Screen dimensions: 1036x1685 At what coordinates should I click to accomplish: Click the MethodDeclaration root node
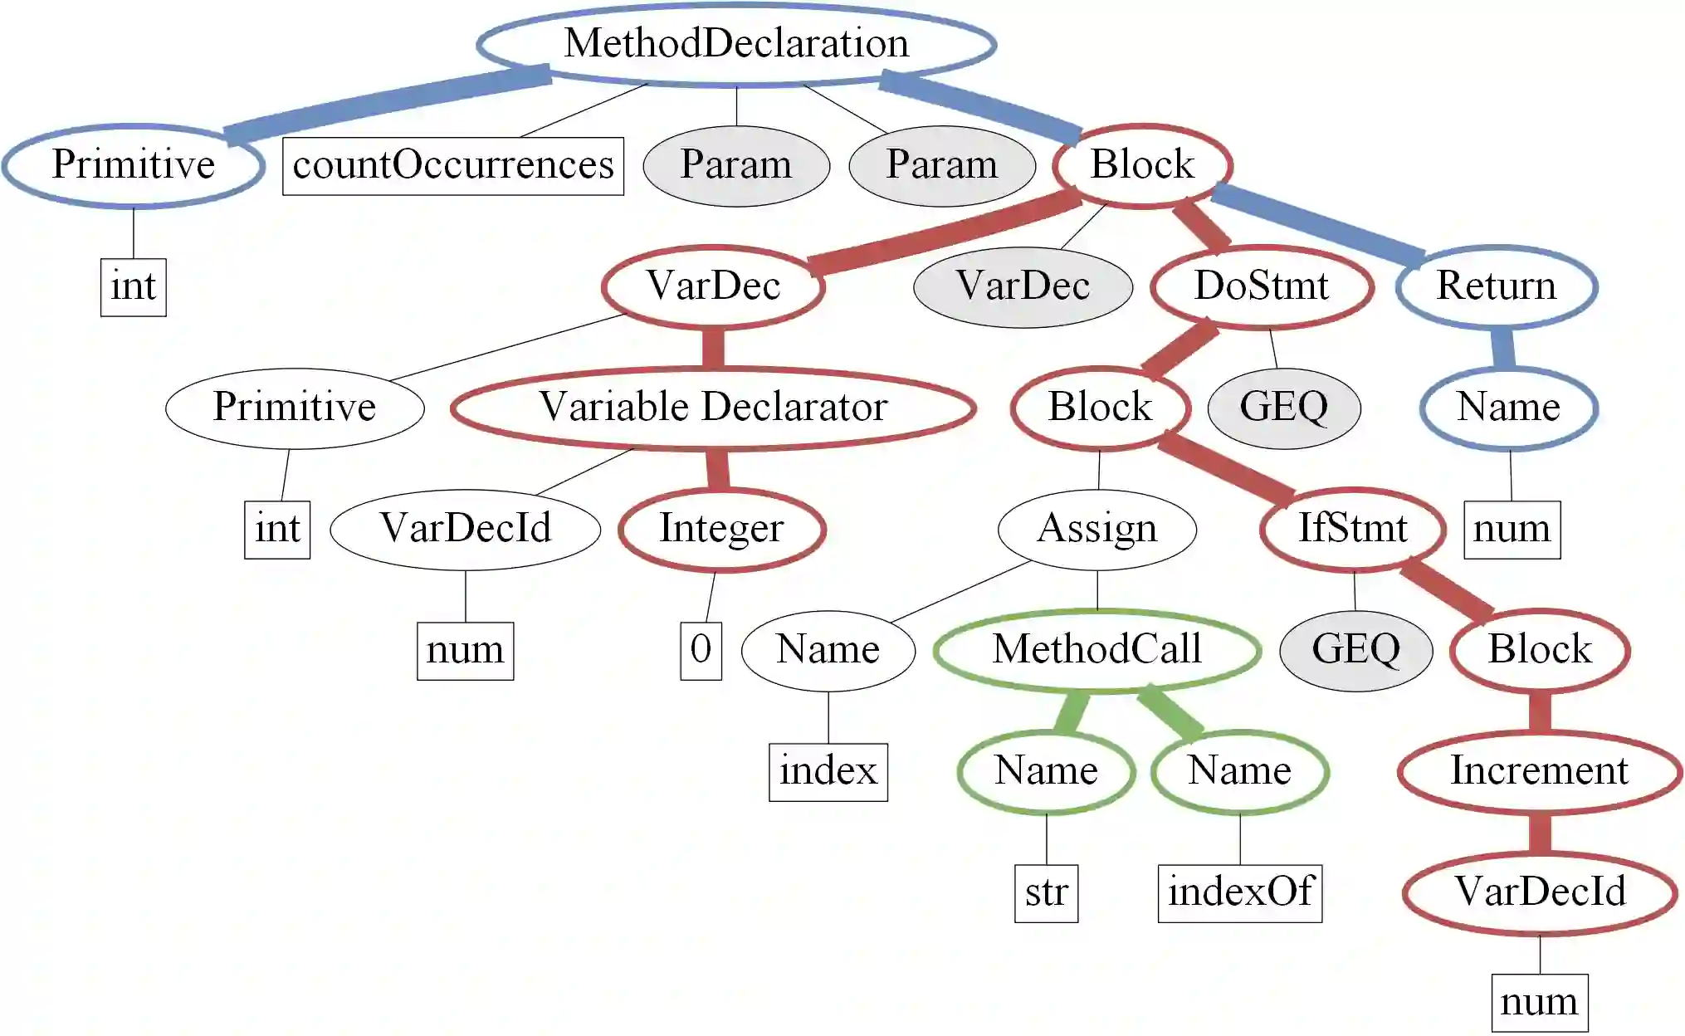coord(736,43)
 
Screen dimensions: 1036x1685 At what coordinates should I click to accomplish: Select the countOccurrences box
coord(452,165)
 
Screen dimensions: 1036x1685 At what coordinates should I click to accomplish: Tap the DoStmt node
coord(1261,286)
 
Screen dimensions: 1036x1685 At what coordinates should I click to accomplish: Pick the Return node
coord(1496,286)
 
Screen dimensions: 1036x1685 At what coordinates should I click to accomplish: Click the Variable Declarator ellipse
coord(713,408)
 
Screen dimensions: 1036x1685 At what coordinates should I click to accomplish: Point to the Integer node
coord(721,529)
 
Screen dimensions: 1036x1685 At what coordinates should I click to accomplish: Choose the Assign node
coord(1096,529)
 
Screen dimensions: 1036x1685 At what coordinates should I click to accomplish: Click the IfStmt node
coord(1352,529)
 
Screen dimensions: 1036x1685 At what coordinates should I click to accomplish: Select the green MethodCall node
coord(1096,650)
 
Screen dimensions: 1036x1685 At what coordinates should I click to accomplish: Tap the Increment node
coord(1539,771)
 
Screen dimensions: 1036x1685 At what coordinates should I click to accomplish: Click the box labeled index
coord(828,772)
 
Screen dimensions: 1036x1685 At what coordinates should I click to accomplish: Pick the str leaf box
coord(1046,893)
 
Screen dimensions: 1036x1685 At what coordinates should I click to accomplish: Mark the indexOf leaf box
coord(1239,893)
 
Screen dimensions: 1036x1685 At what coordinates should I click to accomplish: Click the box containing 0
coord(701,651)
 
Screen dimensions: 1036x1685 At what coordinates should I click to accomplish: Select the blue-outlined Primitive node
coord(133,165)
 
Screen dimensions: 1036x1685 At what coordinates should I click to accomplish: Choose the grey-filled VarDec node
coord(1023,286)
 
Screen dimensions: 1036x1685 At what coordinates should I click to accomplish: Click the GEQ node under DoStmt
coord(1283,408)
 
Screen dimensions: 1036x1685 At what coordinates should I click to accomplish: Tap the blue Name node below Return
coord(1508,408)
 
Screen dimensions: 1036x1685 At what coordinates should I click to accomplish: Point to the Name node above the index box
coord(828,650)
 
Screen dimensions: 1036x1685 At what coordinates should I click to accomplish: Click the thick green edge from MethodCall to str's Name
coord(1072,711)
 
